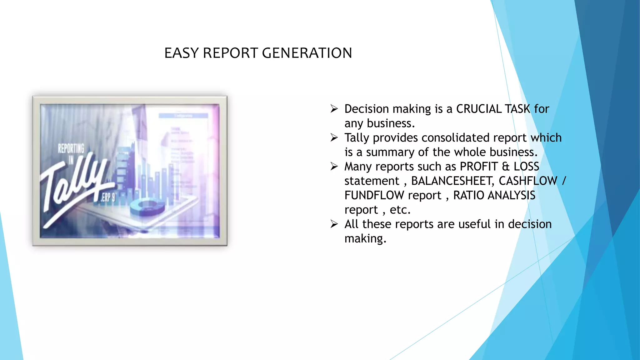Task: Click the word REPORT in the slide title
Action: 231,53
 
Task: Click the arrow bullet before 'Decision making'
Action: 334,109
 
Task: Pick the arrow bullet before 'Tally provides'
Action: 334,137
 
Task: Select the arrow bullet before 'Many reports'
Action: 334,166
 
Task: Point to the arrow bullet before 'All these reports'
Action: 334,224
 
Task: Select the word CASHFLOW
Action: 528,181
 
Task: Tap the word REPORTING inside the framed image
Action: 71,148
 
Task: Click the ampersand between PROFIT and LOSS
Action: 506,166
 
